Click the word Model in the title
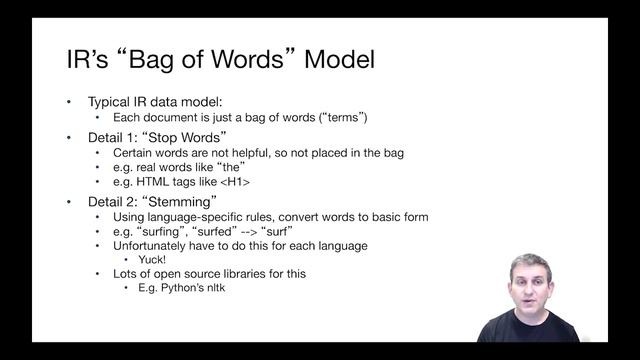point(340,59)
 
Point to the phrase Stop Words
point(189,136)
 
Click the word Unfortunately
point(153,245)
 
